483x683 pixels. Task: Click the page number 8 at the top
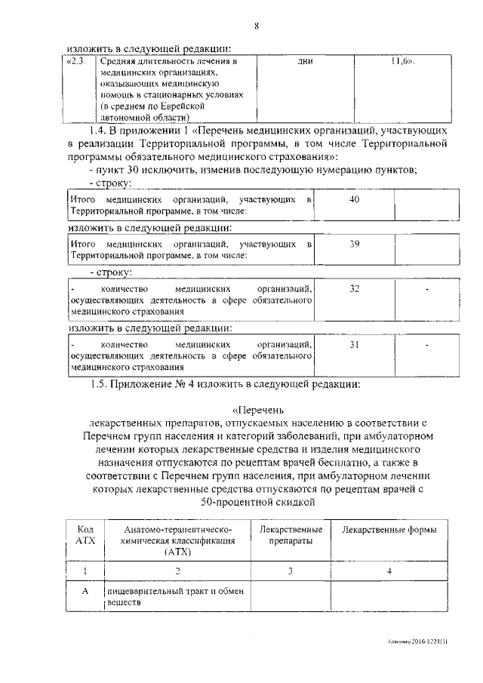[x=256, y=28]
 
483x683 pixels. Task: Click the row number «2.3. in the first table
[x=78, y=61]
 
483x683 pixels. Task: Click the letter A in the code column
[x=85, y=592]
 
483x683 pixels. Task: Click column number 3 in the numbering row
[x=291, y=571]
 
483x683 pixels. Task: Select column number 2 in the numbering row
[x=177, y=571]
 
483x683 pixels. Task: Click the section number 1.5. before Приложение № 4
[x=100, y=383]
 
